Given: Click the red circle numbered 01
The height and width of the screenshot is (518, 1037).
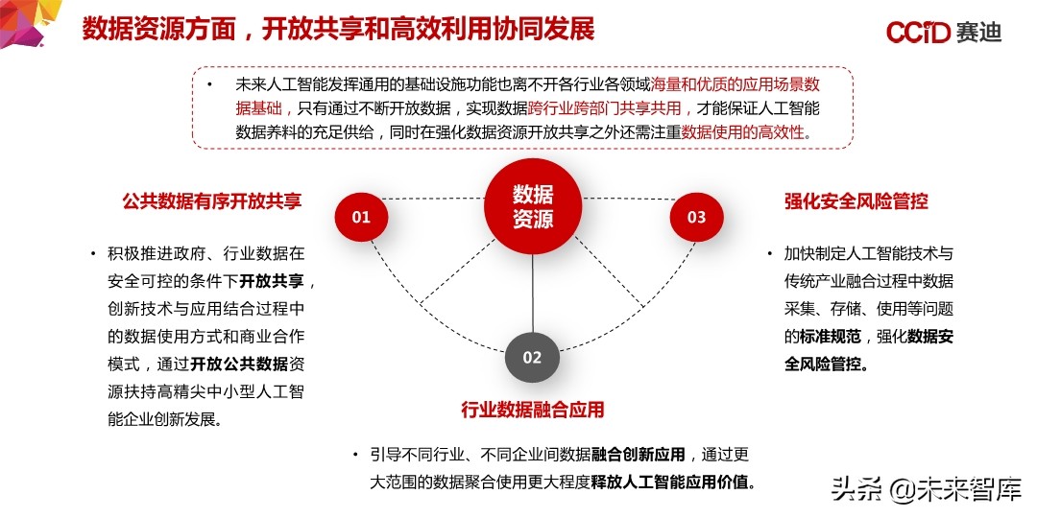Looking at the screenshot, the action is tap(361, 217).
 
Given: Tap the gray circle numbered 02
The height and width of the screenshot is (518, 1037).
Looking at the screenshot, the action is tap(532, 358).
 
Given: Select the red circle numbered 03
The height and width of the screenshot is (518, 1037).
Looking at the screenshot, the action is tap(696, 217).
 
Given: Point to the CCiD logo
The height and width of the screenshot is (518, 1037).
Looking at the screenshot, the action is tap(918, 33).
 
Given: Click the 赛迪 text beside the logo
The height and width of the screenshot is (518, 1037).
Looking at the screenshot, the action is tap(978, 33).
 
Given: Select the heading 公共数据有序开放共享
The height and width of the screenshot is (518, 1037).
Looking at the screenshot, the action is tap(212, 201).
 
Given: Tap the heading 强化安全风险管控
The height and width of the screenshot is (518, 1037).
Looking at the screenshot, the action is tap(856, 201).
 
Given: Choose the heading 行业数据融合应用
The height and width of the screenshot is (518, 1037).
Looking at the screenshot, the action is tap(533, 411).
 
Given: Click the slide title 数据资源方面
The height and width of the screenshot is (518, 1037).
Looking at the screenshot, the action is tap(157, 29).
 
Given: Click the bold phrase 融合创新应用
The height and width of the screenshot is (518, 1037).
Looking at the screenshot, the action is tap(639, 454).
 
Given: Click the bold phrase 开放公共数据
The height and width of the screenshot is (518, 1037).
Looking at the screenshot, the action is tap(240, 365).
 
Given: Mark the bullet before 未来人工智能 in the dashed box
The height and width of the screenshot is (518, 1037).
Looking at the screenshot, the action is tap(210, 84).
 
